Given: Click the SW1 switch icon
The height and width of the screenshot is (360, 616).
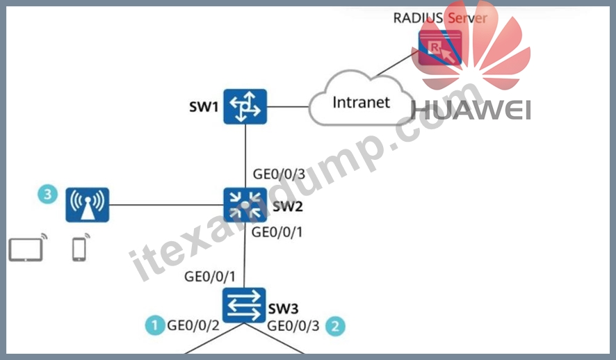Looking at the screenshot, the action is point(245,106).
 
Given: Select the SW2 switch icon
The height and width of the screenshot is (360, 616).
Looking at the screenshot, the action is point(245,204).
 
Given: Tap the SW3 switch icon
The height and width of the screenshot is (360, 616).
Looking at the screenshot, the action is point(244,305).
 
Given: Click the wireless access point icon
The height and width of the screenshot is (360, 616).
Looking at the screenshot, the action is point(87,204).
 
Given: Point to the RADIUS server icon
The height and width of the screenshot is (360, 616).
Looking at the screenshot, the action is point(440,48).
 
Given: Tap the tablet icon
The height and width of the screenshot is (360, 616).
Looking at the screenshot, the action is point(26,249).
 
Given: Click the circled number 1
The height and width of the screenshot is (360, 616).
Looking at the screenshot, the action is point(155,325).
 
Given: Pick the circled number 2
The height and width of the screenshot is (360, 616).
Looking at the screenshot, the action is point(336,326).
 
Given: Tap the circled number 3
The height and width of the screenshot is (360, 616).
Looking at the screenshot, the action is point(47,195).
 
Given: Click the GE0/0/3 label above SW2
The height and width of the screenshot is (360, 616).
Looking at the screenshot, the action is point(279,174).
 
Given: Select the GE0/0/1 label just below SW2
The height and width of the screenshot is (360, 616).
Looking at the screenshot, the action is point(277,232).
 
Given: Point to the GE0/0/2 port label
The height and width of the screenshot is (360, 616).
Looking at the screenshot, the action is point(193,325).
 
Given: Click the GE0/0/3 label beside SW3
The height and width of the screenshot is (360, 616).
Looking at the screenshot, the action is point(293,326).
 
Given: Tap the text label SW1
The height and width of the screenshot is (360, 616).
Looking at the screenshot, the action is point(204,107).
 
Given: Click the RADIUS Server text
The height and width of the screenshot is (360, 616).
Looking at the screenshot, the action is point(440,18).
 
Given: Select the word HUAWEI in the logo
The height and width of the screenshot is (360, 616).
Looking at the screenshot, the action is point(471,110).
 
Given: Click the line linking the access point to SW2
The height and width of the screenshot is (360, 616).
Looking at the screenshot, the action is point(166,205).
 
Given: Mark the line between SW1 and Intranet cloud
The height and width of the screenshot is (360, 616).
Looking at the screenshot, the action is point(288,106).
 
